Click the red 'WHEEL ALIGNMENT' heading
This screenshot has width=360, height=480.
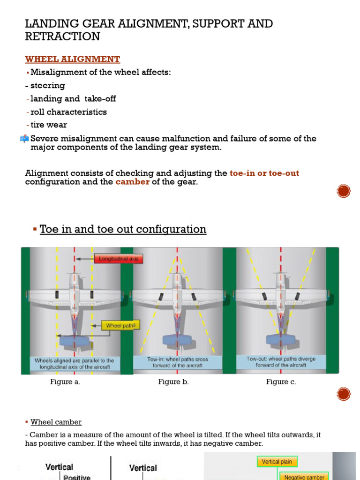(x=72, y=59)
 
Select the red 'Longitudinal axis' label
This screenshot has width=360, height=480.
(x=119, y=258)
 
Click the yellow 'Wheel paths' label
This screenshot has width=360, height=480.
(x=120, y=325)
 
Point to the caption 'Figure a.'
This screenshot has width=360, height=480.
(x=65, y=382)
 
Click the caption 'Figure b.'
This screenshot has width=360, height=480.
(x=173, y=382)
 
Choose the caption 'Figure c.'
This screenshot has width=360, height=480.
(x=281, y=382)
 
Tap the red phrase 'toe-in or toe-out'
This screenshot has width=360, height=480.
(x=264, y=173)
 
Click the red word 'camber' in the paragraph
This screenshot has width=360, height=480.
(x=133, y=182)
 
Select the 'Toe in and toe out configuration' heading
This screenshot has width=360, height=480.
(x=123, y=229)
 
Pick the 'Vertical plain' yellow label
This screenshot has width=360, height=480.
(x=277, y=462)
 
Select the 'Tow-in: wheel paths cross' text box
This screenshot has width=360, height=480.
(x=177, y=362)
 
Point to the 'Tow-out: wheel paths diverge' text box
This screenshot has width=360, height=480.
(x=281, y=361)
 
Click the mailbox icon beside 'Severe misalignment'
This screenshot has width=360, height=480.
(x=24, y=138)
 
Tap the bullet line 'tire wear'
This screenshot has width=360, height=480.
(x=48, y=125)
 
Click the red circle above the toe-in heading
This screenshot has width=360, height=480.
(x=344, y=191)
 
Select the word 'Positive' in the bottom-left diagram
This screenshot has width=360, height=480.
(x=76, y=477)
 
